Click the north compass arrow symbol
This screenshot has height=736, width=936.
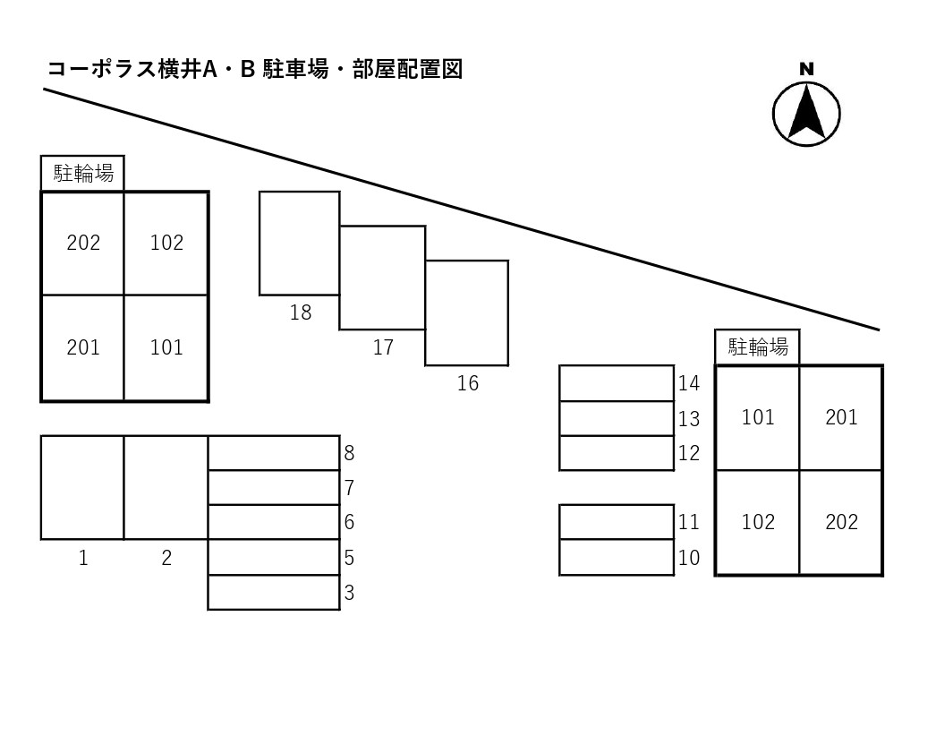coord(806,113)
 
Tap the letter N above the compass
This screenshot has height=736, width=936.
coord(806,69)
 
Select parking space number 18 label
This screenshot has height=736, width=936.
coord(301,312)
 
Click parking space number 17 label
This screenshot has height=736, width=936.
coord(383,347)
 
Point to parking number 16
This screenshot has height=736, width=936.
coord(467,383)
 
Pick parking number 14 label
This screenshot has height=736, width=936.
coord(688,383)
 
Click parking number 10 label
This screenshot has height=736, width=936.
coord(688,558)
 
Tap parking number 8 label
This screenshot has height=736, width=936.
coord(349,453)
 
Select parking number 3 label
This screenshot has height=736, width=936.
coord(349,593)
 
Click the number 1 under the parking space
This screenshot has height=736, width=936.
coord(83,558)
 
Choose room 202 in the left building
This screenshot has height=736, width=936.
coord(83,243)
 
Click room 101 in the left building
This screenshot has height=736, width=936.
coord(166,347)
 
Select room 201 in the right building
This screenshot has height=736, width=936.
coord(841,417)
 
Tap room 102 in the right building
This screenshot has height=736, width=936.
coord(758,522)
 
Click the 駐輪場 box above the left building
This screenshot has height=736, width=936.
coord(83,173)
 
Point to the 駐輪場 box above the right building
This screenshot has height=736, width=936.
coord(757,347)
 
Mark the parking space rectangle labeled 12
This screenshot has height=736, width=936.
coord(617,453)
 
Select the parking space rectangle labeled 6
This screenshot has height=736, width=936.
coord(274,522)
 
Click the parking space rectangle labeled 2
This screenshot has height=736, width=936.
coord(166,487)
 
